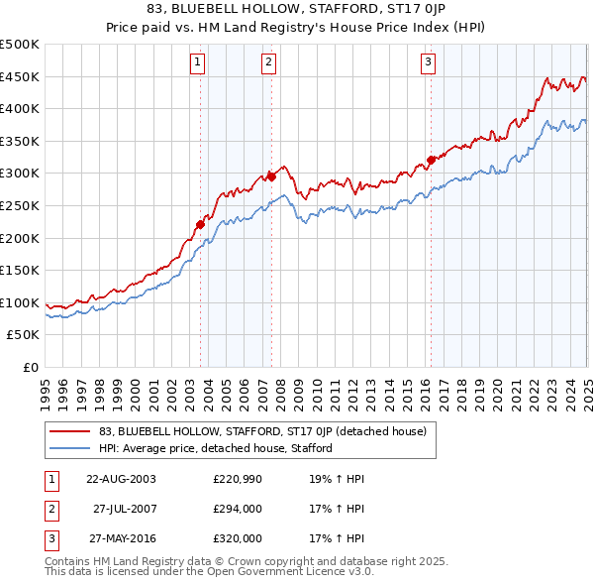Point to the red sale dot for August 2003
[200, 224]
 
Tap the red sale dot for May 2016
[431, 160]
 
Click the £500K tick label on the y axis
[20, 45]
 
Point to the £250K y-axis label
[20, 205]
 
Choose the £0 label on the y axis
[30, 367]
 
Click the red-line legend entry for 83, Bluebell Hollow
[262, 431]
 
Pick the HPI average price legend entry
[215, 448]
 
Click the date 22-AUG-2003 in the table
[122, 479]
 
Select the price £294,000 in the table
[238, 509]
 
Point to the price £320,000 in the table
[238, 538]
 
